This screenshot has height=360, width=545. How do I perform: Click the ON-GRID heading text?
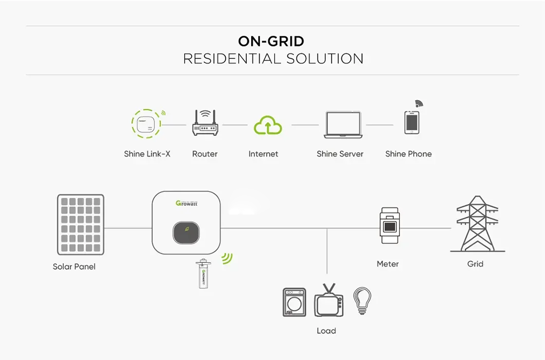pyautogui.click(x=271, y=42)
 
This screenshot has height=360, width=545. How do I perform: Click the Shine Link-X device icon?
pyautogui.click(x=146, y=123)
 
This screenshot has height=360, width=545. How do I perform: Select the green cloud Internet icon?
pyautogui.click(x=267, y=125)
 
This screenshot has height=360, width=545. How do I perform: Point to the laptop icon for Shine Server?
pyautogui.click(x=343, y=124)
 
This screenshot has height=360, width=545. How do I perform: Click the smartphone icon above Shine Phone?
pyautogui.click(x=412, y=123)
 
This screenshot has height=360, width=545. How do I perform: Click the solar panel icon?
pyautogui.click(x=80, y=224)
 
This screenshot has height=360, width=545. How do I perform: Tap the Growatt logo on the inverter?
pyautogui.click(x=186, y=203)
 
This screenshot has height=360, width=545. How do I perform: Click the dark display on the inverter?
pyautogui.click(x=186, y=232)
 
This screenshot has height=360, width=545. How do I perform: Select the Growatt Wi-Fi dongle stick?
pyautogui.click(x=203, y=274)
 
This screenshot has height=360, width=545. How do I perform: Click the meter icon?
pyautogui.click(x=389, y=226)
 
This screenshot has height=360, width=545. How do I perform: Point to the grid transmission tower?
pyautogui.click(x=477, y=224)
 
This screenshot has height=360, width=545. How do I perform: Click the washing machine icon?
pyautogui.click(x=294, y=302)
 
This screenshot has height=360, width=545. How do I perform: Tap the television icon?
pyautogui.click(x=329, y=301)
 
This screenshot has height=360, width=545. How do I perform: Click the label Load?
pyautogui.click(x=326, y=331)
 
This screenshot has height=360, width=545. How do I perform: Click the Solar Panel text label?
pyautogui.click(x=74, y=267)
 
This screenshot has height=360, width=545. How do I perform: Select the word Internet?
pyautogui.click(x=263, y=154)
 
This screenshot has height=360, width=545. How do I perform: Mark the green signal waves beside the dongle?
pyautogui.click(x=227, y=258)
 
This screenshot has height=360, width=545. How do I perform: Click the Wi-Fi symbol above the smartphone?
pyautogui.click(x=419, y=104)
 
